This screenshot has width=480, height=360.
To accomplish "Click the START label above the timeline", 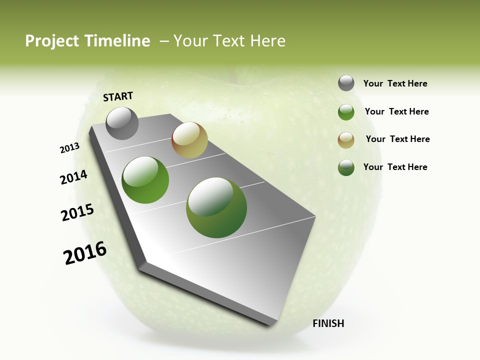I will coord(118,96).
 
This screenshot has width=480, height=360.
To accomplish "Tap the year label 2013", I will coord(69,148).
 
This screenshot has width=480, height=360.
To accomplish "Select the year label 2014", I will coord(73,177).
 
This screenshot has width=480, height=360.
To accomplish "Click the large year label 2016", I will coord(85,253).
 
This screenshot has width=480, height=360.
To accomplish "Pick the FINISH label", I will coord(328,323).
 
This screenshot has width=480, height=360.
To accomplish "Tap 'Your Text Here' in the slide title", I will coord(229,41).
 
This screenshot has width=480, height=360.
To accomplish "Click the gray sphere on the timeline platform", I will coord(122,123).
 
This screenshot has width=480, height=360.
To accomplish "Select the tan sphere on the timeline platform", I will coord(189,140).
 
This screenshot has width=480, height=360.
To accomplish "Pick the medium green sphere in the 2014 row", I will coord(145,180).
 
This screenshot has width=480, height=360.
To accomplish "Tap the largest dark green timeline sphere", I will coord(216,207).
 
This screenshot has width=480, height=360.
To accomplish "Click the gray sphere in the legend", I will coord(346,83).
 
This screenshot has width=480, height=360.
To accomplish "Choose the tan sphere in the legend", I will coord(346,140).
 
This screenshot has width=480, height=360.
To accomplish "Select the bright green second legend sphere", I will coord(346,112).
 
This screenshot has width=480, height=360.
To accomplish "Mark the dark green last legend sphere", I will coord(346,167).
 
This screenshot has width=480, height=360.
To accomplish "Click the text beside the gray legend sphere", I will coord(395,83).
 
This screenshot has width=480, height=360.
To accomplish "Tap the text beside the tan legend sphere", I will coord(397,139).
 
